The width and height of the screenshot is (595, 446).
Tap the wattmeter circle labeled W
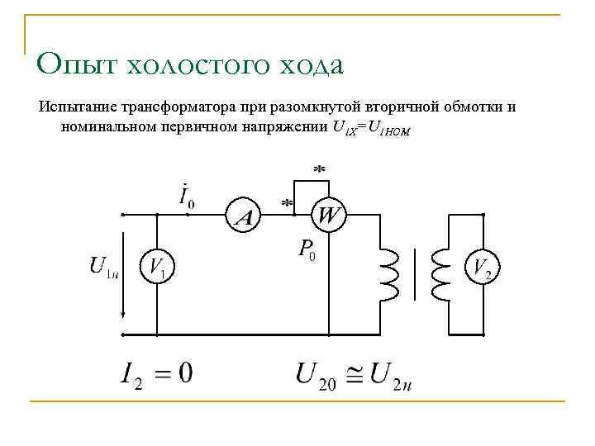click(x=328, y=216)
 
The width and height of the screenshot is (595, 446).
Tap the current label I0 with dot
click(x=188, y=196)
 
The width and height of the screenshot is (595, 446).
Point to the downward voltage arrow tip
click(x=123, y=316)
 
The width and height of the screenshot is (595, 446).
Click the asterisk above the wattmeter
click(x=319, y=168)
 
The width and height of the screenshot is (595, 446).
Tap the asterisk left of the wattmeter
click(x=288, y=202)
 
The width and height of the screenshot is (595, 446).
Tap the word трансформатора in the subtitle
click(x=164, y=107)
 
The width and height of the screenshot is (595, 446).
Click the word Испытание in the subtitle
click(x=73, y=107)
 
